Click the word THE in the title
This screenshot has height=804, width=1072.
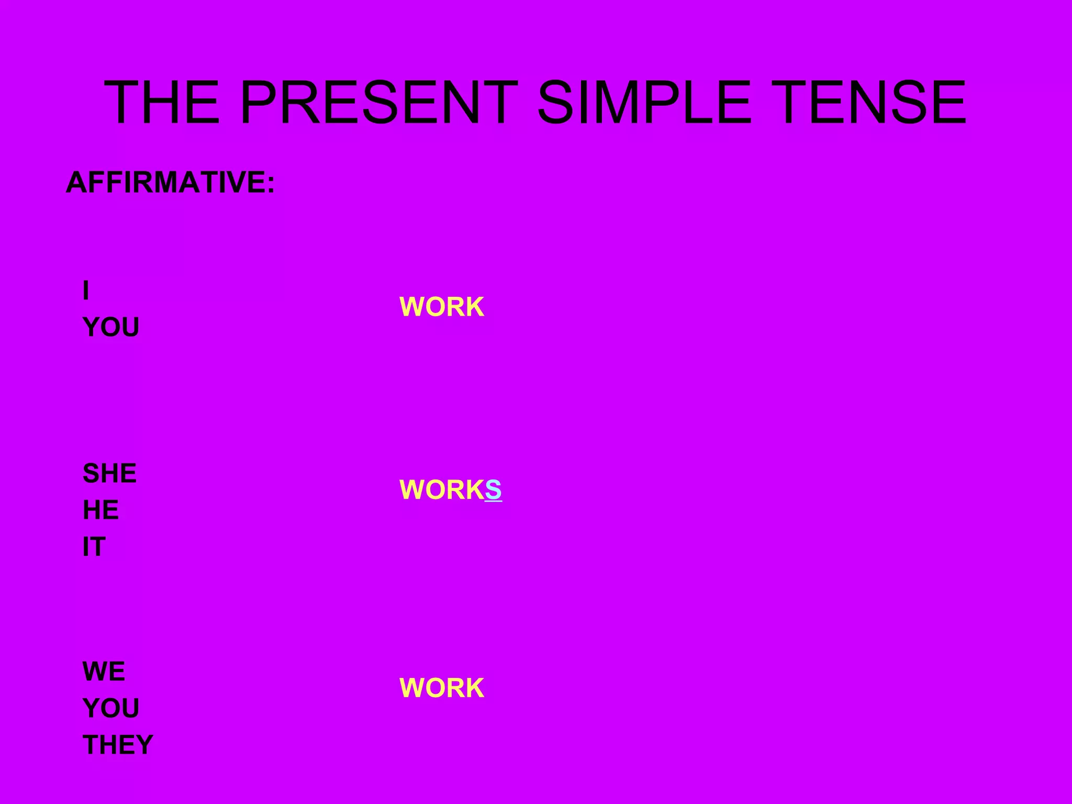click(162, 102)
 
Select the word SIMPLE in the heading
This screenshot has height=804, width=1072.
click(644, 102)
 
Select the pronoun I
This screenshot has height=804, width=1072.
click(86, 291)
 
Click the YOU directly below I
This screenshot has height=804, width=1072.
click(111, 328)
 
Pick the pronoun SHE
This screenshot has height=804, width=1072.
click(109, 474)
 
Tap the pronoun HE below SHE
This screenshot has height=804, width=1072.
click(100, 510)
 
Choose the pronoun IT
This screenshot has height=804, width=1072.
click(94, 547)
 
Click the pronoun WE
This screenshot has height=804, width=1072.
click(104, 672)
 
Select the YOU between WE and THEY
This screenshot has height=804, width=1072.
click(111, 709)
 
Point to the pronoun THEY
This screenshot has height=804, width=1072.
click(118, 745)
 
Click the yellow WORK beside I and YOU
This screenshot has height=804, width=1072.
click(442, 307)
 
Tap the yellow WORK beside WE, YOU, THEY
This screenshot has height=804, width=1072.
click(442, 688)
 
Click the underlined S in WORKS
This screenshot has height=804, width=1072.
click(493, 490)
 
